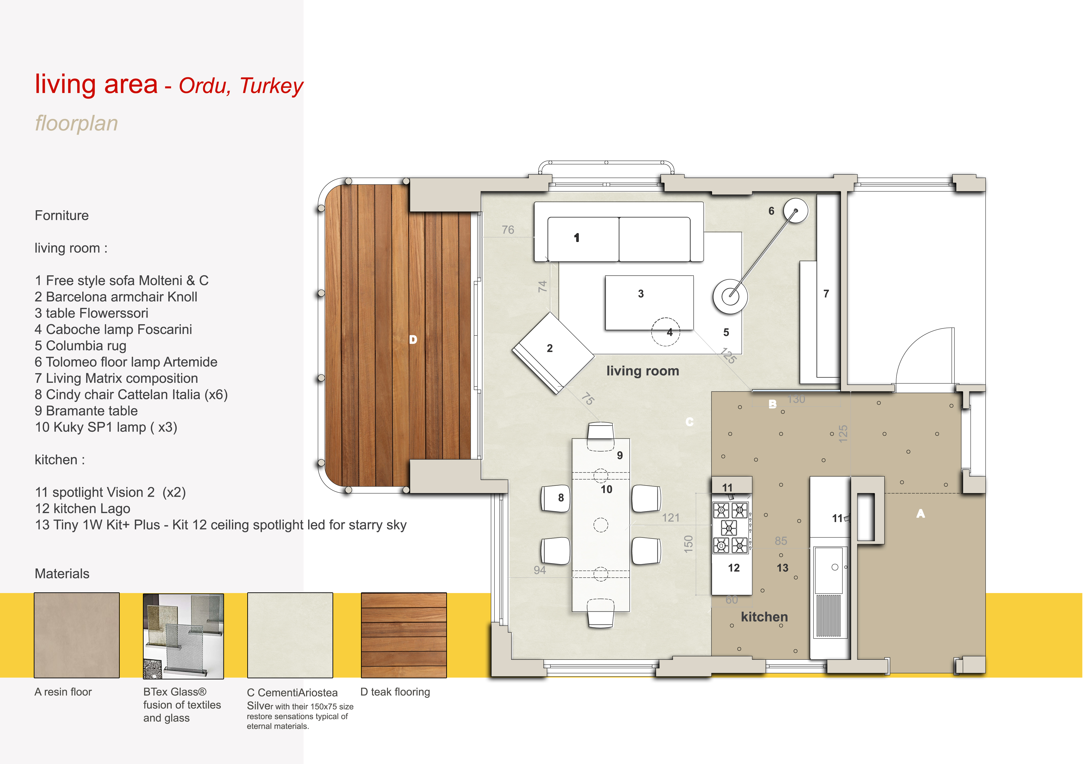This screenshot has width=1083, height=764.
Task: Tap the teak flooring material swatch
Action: click(404, 635)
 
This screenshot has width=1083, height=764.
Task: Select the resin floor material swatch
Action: click(77, 635)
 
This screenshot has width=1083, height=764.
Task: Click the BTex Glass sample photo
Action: click(184, 636)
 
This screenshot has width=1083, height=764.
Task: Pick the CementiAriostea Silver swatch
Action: click(290, 635)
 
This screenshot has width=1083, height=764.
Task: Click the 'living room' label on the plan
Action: click(643, 371)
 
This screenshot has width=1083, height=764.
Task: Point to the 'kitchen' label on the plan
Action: click(765, 617)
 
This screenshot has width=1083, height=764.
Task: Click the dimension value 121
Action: click(671, 518)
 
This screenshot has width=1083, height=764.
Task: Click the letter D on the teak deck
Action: click(413, 340)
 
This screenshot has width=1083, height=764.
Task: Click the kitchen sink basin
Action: click(830, 570)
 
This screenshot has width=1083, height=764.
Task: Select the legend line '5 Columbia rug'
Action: click(81, 346)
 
